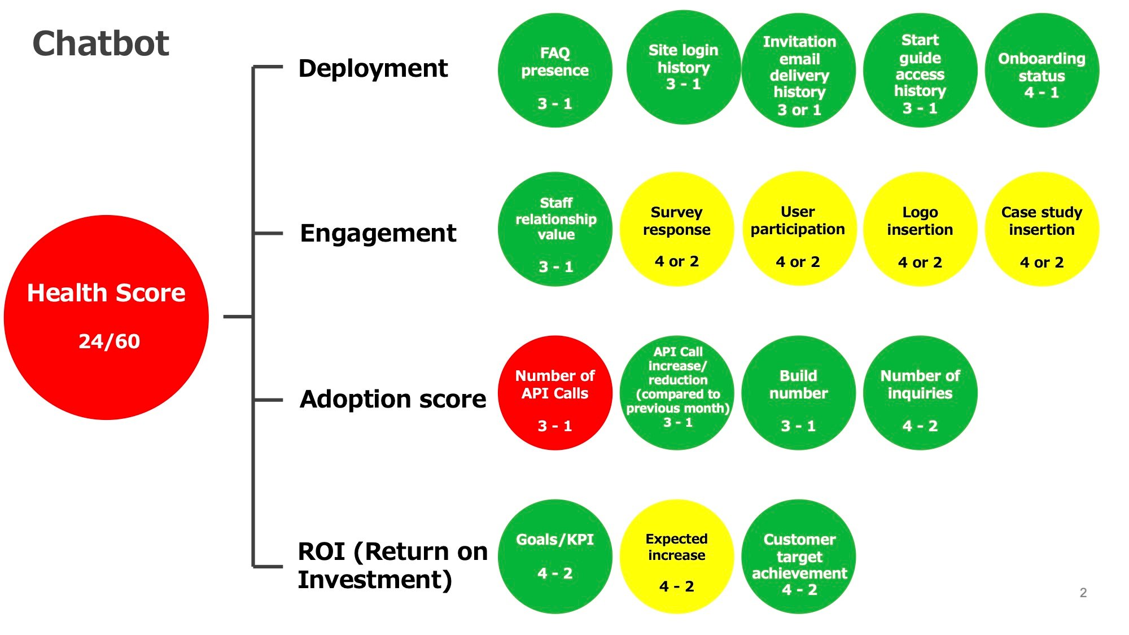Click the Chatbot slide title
(101, 43)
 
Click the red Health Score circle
(106, 317)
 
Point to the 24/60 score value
(109, 341)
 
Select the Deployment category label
(373, 69)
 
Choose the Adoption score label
(393, 399)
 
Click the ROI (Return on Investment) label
(393, 565)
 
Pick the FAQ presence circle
(555, 71)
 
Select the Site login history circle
(683, 67)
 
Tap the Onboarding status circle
(1042, 71)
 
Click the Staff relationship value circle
(555, 229)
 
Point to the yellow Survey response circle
(677, 229)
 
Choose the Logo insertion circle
(920, 229)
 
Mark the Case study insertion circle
(1042, 229)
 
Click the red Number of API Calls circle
(555, 393)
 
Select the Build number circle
(799, 393)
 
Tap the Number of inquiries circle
(920, 393)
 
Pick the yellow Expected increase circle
(677, 557)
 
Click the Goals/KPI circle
(555, 557)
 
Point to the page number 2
(1083, 593)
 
